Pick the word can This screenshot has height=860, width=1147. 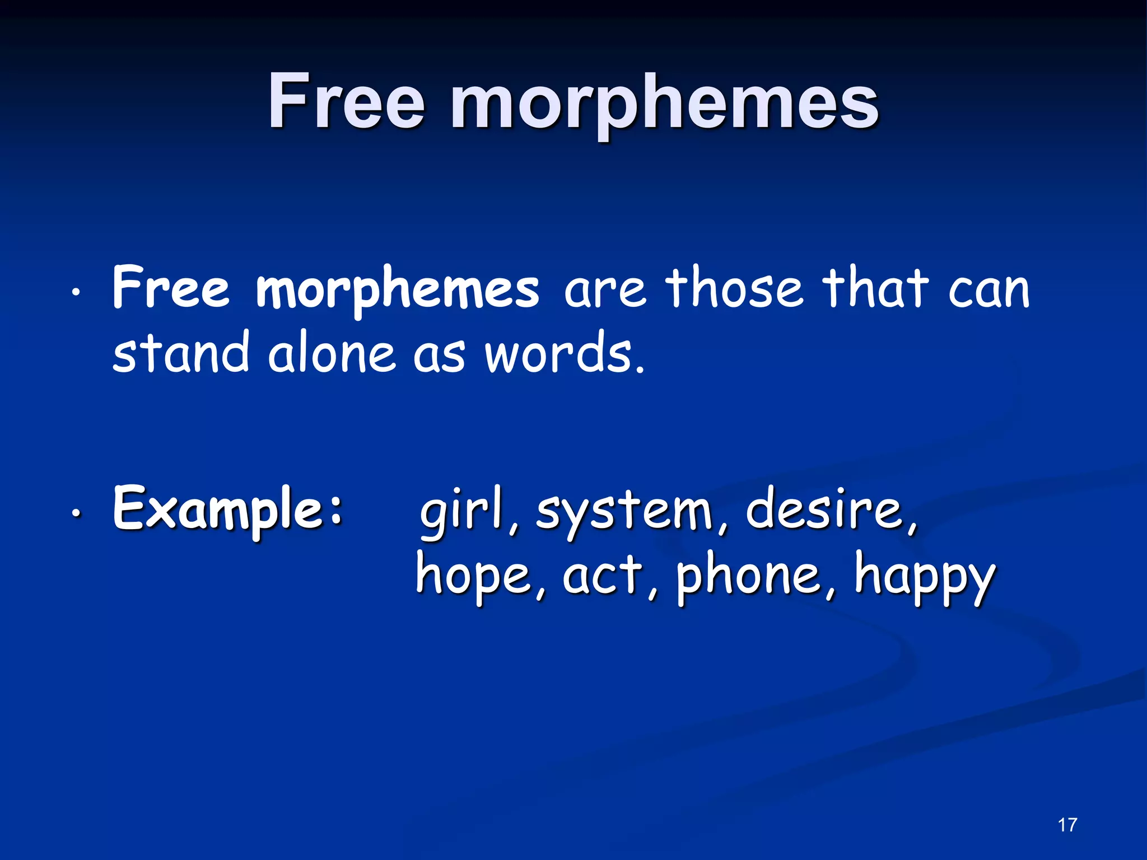coord(989,291)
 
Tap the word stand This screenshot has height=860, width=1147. coord(180,352)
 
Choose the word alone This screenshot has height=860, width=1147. coord(331,353)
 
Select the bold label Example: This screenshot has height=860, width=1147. coord(227,509)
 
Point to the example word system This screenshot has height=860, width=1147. coord(624,512)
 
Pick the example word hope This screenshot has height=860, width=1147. coord(473,577)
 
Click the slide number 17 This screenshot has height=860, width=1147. coord(1067,825)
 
